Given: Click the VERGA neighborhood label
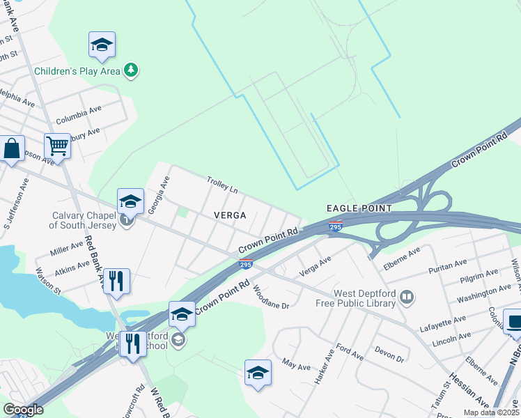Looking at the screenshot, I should (x=230, y=216).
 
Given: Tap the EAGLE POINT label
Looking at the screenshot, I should (x=359, y=208).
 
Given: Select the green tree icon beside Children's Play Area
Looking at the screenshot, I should (x=130, y=70).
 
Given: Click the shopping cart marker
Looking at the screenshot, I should (x=57, y=146).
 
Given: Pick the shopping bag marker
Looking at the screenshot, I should (x=12, y=149).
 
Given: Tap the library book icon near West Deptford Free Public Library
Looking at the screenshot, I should (x=407, y=299).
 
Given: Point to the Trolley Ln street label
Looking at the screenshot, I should (x=222, y=185).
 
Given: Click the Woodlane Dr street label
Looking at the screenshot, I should (x=270, y=297).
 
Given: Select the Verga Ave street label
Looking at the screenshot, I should (x=315, y=265).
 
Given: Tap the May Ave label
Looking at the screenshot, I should (x=295, y=363).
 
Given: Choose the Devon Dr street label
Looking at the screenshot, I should (x=389, y=354).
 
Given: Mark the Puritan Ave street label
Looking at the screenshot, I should (x=449, y=265).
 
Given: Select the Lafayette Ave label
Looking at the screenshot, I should (x=442, y=323).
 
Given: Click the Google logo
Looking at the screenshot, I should (x=23, y=410).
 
